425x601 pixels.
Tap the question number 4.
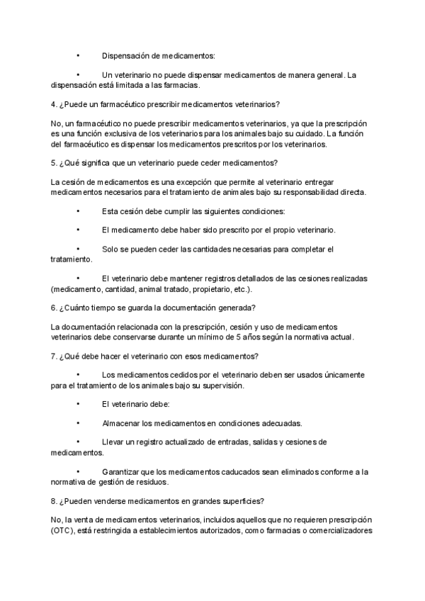click(x=54, y=104)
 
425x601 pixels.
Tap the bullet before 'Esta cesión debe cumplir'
click(x=77, y=211)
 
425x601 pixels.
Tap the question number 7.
click(x=54, y=355)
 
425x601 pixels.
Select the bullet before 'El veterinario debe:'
click(x=77, y=404)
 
